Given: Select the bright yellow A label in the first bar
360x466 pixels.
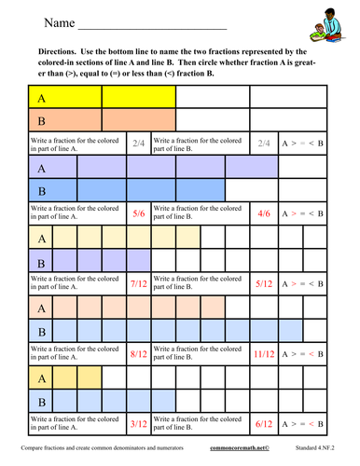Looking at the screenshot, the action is (x=42, y=96).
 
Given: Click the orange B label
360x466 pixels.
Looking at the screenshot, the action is (x=42, y=121).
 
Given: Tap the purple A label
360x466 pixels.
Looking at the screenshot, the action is (x=42, y=169).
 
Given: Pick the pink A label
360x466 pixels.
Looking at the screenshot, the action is (x=42, y=308).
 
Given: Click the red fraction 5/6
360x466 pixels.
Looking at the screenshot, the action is (x=138, y=213).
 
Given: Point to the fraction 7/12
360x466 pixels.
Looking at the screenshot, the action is (x=138, y=283).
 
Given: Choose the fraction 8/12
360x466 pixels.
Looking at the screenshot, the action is (x=138, y=353).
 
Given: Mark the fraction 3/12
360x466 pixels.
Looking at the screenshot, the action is (x=138, y=423).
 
